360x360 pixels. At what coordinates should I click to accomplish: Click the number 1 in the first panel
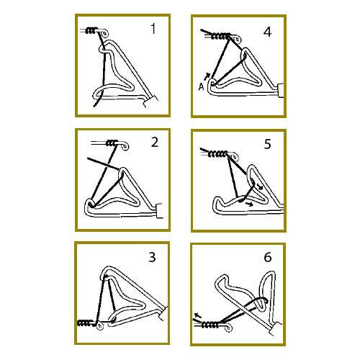click(153, 29)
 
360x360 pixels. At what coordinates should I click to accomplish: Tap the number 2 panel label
click(155, 142)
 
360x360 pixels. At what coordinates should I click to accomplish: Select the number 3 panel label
click(153, 257)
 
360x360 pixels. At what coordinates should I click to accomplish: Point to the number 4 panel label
click(267, 32)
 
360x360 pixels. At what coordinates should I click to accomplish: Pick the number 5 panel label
click(267, 144)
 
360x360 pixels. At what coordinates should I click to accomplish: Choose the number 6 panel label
click(268, 257)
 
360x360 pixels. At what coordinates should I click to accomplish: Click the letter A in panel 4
click(201, 87)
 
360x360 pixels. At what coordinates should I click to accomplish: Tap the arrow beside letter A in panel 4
click(207, 76)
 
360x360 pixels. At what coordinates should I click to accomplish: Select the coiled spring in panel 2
click(111, 143)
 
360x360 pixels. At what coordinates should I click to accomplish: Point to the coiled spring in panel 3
click(85, 323)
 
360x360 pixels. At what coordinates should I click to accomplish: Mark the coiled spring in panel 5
click(218, 153)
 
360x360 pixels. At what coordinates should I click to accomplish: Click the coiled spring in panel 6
click(210, 325)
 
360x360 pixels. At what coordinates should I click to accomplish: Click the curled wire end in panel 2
click(125, 146)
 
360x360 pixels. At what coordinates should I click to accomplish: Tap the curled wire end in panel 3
click(99, 326)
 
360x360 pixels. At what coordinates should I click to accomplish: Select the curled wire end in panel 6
click(228, 328)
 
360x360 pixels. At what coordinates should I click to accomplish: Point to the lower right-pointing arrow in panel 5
click(249, 204)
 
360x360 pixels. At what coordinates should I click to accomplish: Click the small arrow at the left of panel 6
click(198, 315)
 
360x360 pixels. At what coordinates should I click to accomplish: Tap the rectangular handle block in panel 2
click(159, 211)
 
